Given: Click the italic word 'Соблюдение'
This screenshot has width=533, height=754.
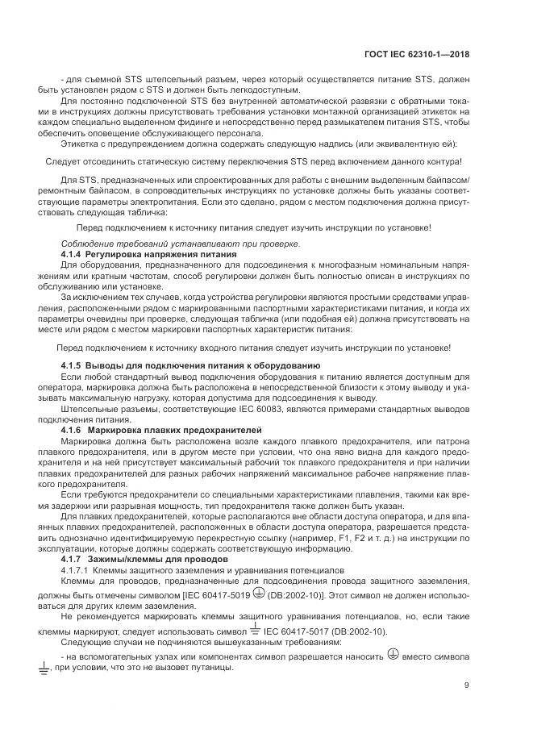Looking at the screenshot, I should (88, 244).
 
